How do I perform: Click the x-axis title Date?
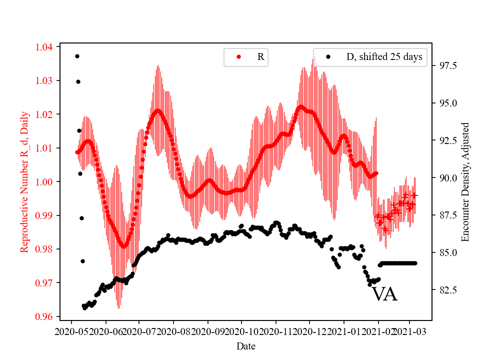246,345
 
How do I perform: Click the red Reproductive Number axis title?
24,182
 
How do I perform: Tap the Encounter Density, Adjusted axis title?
465,182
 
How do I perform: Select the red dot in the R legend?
238,57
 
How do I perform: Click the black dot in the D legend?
328,57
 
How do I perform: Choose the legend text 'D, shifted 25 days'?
384,57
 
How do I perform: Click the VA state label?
384,294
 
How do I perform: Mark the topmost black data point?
77,56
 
